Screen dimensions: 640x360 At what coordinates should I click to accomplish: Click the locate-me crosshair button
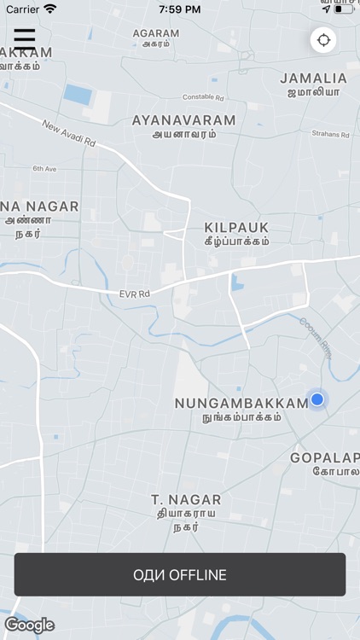323,40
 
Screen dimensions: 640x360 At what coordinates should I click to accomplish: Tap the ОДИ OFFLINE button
180,574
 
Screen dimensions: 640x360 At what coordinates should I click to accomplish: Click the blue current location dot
317,399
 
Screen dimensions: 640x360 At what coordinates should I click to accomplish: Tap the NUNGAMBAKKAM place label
241,403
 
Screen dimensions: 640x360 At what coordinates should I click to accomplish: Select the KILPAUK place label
236,227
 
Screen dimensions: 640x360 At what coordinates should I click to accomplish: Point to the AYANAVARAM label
183,120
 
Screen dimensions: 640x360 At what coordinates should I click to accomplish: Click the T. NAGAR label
186,500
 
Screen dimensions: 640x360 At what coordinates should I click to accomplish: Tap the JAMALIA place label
313,78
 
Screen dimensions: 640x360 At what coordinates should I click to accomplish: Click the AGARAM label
156,33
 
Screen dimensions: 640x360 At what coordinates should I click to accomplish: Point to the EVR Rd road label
134,294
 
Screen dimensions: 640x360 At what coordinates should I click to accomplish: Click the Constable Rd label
203,97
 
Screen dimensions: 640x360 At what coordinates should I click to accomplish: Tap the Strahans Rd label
330,134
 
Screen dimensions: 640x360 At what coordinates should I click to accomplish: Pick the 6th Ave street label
44,169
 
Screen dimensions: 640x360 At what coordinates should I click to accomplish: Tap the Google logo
30,625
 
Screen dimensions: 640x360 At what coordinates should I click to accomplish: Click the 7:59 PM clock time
179,9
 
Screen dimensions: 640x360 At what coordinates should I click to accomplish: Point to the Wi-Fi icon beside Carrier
50,9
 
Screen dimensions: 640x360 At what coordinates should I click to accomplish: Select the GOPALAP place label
324,458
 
